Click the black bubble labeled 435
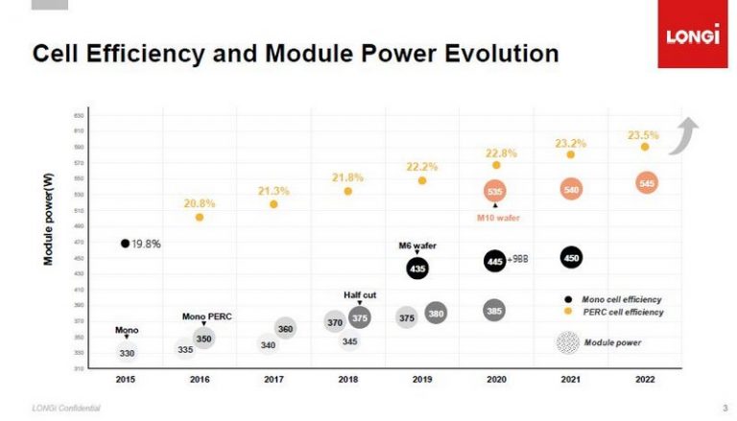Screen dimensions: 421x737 pos(417,269)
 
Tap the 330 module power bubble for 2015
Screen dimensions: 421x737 pos(127,353)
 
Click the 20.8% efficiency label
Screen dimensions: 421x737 pos(199,203)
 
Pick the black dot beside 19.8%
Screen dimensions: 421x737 pos(125,244)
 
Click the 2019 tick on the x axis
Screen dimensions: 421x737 pos(421,381)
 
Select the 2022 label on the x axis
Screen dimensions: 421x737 pos(645,381)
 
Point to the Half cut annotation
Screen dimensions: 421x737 pos(360,294)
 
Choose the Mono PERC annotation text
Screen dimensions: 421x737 pos(207,316)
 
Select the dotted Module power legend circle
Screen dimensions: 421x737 pos(568,341)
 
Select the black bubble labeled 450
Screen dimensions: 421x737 pos(571,257)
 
